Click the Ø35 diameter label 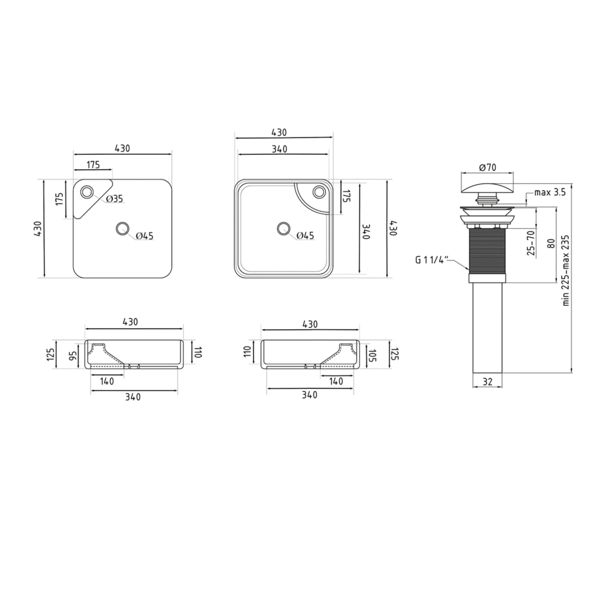[x=114, y=199]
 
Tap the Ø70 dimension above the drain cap [x=488, y=167]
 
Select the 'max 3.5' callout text [x=550, y=193]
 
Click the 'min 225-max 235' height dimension [x=566, y=271]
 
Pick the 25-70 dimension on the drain [x=531, y=243]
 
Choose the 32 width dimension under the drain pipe [x=487, y=382]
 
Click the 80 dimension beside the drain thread [x=551, y=243]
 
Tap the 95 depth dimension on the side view [x=73, y=355]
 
